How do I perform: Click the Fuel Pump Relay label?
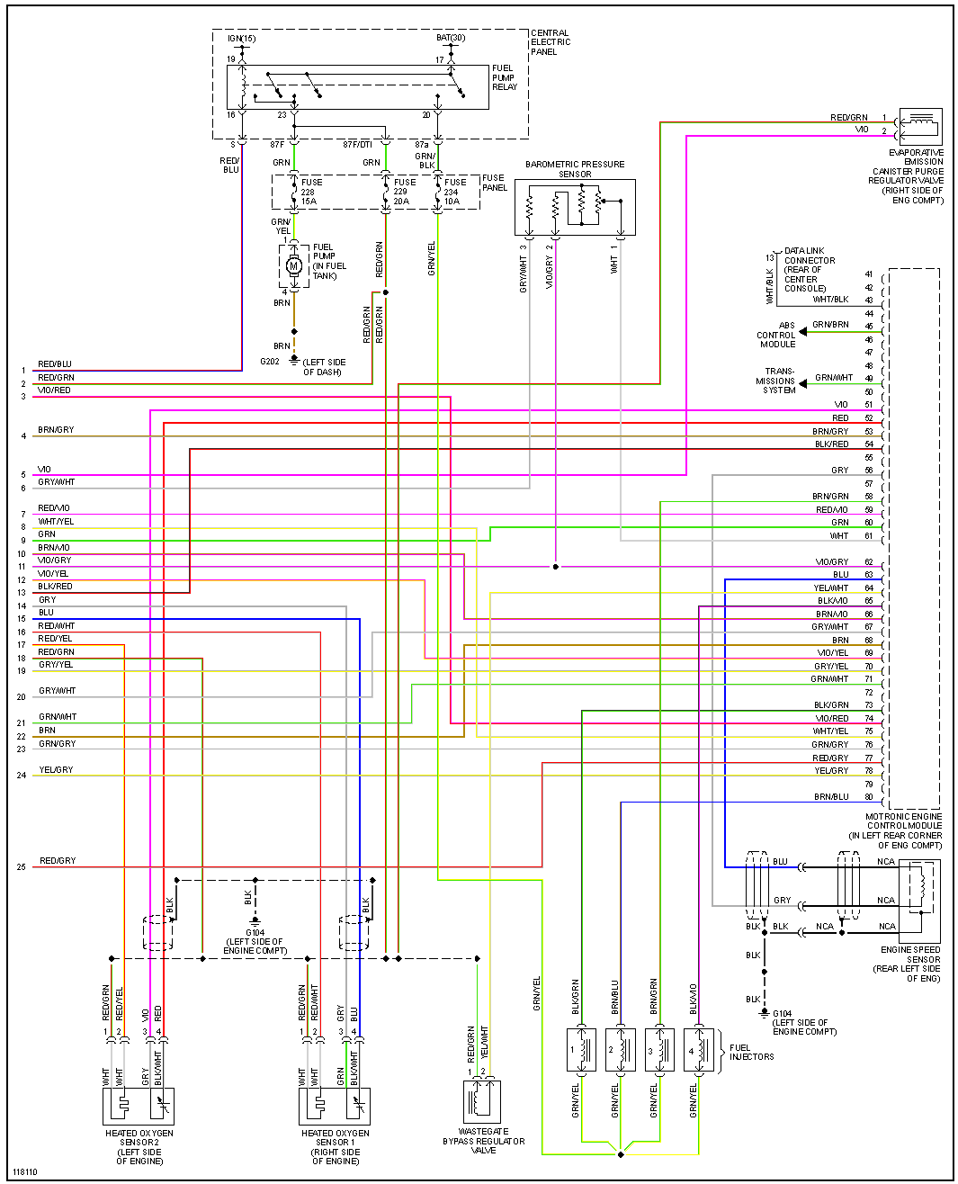(504, 77)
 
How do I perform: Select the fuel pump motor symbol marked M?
(293, 265)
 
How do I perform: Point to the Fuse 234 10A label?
(452, 192)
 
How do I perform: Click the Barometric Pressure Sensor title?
(575, 169)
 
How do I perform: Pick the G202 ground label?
(270, 362)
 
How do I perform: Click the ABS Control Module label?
(777, 335)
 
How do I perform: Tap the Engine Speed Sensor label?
(909, 964)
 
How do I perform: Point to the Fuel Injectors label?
(751, 1052)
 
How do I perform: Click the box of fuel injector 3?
(659, 1051)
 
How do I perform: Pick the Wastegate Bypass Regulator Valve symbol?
(481, 1100)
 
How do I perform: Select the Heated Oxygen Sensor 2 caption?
(139, 1147)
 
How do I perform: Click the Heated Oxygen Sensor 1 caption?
(336, 1147)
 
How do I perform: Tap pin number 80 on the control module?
(869, 797)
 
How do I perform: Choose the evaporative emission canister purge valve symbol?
(920, 127)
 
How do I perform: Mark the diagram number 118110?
(25, 1171)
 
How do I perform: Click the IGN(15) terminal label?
(241, 39)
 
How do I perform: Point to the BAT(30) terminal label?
(451, 38)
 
